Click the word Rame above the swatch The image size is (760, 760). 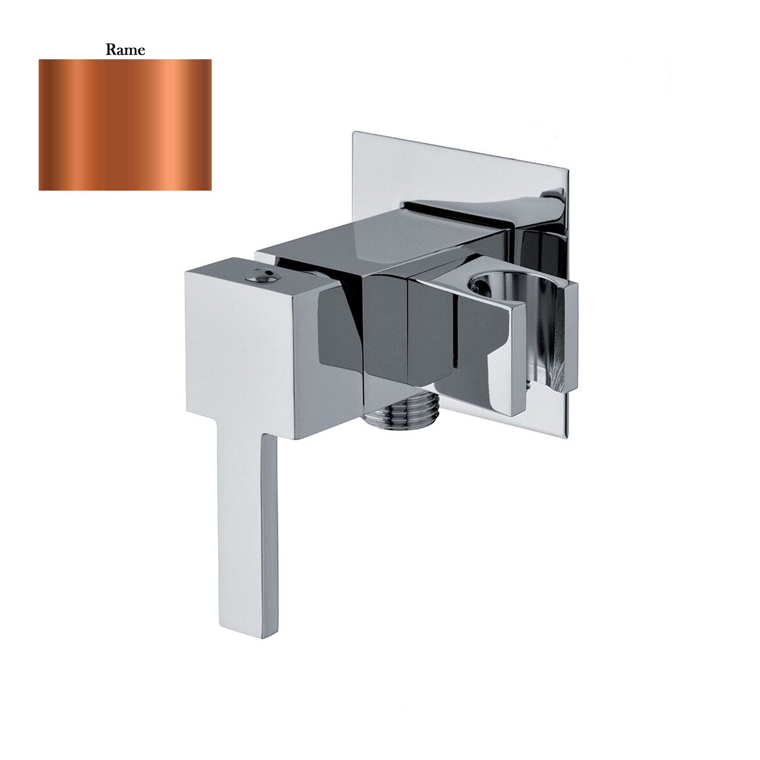(125, 50)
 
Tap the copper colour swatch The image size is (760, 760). (125, 125)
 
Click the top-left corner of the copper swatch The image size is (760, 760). (40, 60)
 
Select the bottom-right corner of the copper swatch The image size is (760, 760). (211, 190)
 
